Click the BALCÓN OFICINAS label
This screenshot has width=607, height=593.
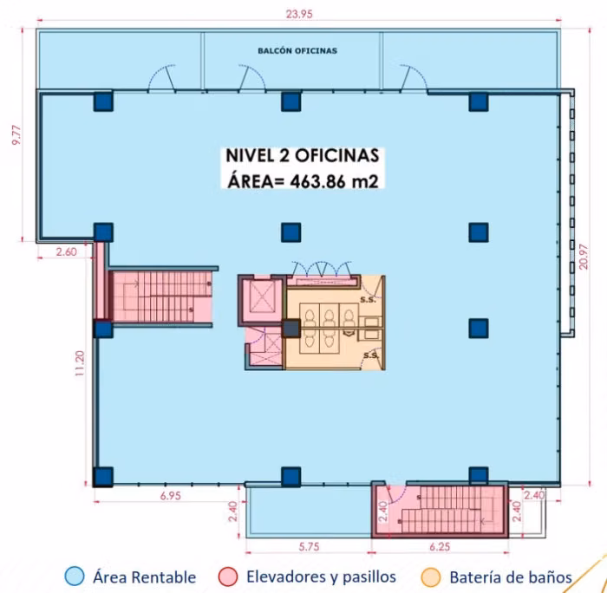297,50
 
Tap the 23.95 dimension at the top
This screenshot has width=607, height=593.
299,14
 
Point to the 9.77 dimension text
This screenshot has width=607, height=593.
16,135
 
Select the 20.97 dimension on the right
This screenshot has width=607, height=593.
584,257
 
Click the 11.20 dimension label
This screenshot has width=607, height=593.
80,363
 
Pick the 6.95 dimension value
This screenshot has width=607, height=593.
170,496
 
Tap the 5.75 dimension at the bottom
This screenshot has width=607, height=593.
309,546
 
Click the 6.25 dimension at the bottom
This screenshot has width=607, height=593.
440,546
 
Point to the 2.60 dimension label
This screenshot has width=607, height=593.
66,252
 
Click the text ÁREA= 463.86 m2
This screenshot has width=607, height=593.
303,181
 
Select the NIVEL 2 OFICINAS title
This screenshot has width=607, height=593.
303,155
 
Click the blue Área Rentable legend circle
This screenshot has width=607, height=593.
75,577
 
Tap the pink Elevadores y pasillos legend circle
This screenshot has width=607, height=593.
227,577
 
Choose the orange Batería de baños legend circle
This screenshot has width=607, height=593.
431,577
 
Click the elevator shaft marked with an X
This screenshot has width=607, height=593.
262,296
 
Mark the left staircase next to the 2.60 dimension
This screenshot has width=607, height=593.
162,296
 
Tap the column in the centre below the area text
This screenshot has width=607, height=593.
290,232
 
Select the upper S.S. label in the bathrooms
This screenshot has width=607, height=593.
368,300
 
